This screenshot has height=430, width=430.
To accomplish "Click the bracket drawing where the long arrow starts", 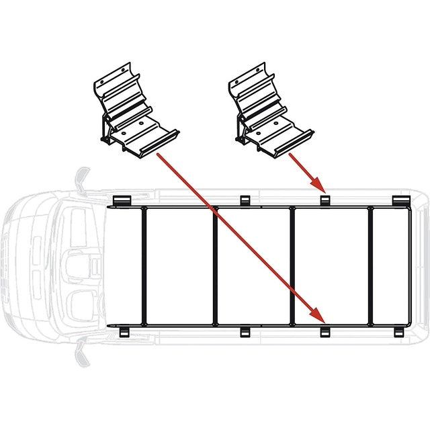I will pos(134,111).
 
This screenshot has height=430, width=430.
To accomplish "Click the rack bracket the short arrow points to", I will pos(325,200).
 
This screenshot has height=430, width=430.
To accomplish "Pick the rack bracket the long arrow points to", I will pos(325,333).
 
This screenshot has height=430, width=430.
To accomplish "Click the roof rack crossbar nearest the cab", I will pos(143,267).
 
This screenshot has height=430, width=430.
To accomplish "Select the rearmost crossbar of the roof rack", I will pos(370,267).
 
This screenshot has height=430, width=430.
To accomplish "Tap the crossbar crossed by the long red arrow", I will pos(215,267).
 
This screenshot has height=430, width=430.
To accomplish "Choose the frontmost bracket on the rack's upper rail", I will pos(121,201).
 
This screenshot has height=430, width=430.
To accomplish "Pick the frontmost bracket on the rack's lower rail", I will pos(123,333).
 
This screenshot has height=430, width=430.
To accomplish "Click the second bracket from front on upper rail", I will pos(244,200).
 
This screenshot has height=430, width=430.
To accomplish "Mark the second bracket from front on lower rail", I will pos(243,332).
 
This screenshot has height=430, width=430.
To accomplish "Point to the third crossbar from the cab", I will pos(292,267).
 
